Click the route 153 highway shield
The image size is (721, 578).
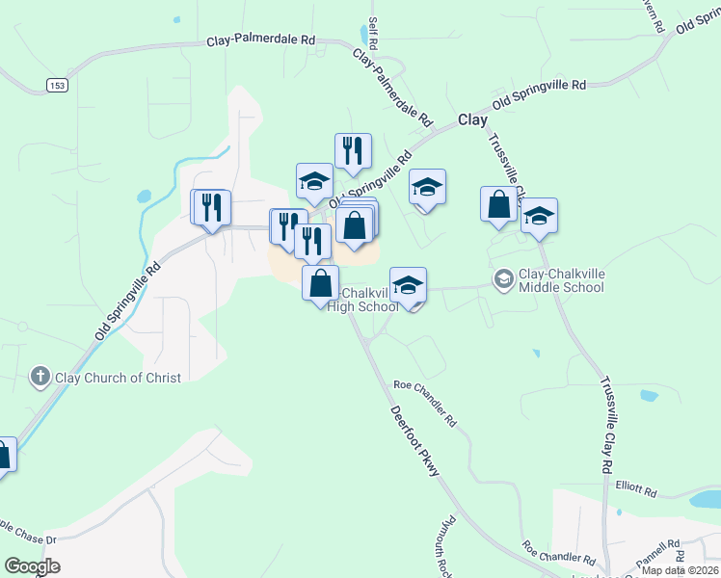click(x=57, y=86)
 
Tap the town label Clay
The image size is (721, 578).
click(x=472, y=120)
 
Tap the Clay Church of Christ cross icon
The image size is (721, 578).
click(x=40, y=377)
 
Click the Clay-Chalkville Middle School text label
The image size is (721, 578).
click(x=563, y=280)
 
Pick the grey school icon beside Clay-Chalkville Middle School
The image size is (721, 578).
click(x=503, y=280)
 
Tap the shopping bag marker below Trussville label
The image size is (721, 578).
click(x=498, y=205)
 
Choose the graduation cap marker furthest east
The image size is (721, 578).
click(x=539, y=217)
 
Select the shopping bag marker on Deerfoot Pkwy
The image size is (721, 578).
click(x=321, y=284)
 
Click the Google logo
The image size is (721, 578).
click(x=32, y=566)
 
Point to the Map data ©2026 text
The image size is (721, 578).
click(x=680, y=570)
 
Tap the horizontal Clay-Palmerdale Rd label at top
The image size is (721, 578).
click(x=261, y=41)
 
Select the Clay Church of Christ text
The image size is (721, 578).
click(x=118, y=378)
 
